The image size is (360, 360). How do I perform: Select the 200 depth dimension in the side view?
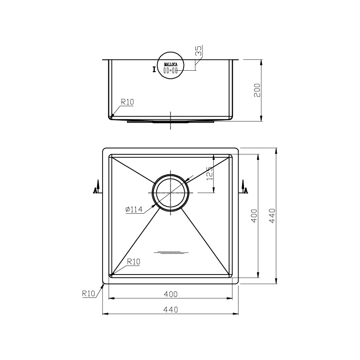pyautogui.click(x=257, y=90)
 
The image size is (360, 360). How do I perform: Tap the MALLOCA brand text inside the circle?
pyautogui.click(x=171, y=65)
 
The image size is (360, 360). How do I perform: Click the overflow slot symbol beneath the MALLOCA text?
pyautogui.click(x=171, y=71)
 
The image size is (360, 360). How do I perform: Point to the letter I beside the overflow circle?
pyautogui.click(x=155, y=69)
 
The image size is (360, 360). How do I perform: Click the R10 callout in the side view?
pyautogui.click(x=127, y=103)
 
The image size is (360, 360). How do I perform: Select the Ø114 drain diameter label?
pyautogui.click(x=134, y=209)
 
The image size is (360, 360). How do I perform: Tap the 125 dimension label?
pyautogui.click(x=208, y=172)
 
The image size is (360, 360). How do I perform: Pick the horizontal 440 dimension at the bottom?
pyautogui.click(x=171, y=310)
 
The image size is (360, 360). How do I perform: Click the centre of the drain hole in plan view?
pyautogui.click(x=171, y=192)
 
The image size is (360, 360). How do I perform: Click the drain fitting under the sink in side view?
pyautogui.click(x=171, y=121)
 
